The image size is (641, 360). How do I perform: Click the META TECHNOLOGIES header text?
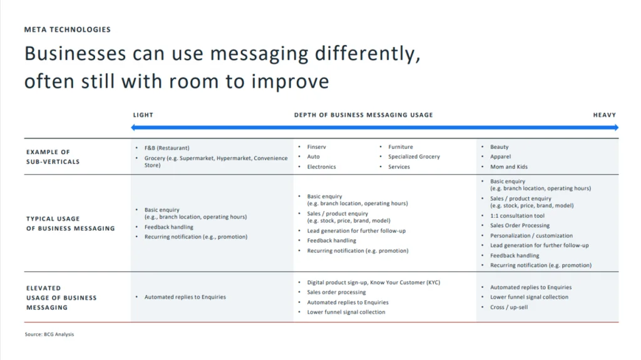pyautogui.click(x=68, y=29)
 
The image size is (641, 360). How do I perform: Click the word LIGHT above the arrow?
pyautogui.click(x=143, y=115)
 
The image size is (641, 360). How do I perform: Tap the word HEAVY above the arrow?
pyautogui.click(x=604, y=115)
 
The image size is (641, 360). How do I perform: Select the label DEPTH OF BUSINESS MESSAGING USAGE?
pyautogui.click(x=364, y=115)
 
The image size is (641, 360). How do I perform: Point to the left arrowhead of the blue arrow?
pyautogui.click(x=133, y=128)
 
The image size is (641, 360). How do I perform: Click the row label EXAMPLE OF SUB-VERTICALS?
pyautogui.click(x=53, y=157)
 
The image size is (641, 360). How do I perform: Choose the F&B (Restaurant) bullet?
pyautogui.click(x=167, y=148)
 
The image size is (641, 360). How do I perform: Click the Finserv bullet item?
pyautogui.click(x=316, y=147)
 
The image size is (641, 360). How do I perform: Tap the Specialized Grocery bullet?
pyautogui.click(x=414, y=157)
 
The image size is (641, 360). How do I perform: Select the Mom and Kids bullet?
pyautogui.click(x=509, y=167)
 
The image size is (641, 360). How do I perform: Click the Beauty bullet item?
pyautogui.click(x=499, y=147)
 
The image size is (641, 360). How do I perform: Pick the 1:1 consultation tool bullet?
pyautogui.click(x=517, y=215)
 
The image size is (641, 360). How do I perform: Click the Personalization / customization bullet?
pyautogui.click(x=531, y=235)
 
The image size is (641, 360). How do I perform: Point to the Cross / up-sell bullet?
pyautogui.click(x=509, y=307)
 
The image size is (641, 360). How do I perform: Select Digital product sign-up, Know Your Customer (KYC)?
pyautogui.click(x=374, y=282)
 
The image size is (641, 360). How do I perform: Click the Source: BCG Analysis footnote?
pyautogui.click(x=49, y=334)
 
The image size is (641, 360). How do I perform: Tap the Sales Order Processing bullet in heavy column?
pyautogui.click(x=520, y=225)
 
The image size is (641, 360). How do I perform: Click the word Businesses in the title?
pyautogui.click(x=75, y=54)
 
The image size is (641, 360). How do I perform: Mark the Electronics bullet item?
pyautogui.click(x=321, y=167)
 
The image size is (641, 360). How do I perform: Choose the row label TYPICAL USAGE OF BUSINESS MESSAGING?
pyautogui.click(x=70, y=224)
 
